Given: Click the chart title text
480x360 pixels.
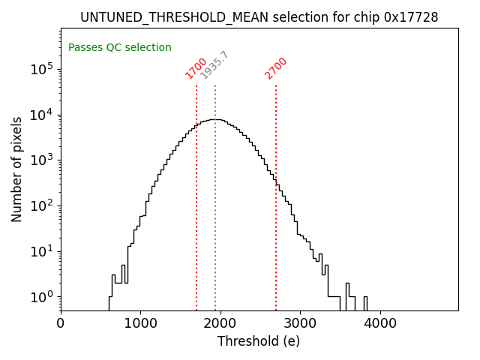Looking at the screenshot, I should click(x=259, y=17).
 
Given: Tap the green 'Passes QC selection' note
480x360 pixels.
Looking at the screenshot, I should click(x=120, y=48).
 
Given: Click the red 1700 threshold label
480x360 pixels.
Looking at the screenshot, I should click(x=196, y=68).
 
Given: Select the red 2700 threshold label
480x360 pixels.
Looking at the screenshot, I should click(x=276, y=68).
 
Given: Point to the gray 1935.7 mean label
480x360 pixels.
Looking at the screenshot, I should click(x=215, y=65).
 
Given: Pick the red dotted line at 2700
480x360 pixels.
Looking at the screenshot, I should click(x=276, y=225).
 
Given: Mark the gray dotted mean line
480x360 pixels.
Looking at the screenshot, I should click(x=215, y=225).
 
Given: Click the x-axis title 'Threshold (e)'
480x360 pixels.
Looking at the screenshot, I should click(x=259, y=341).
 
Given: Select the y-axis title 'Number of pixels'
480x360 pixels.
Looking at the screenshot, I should click(x=17, y=169).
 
